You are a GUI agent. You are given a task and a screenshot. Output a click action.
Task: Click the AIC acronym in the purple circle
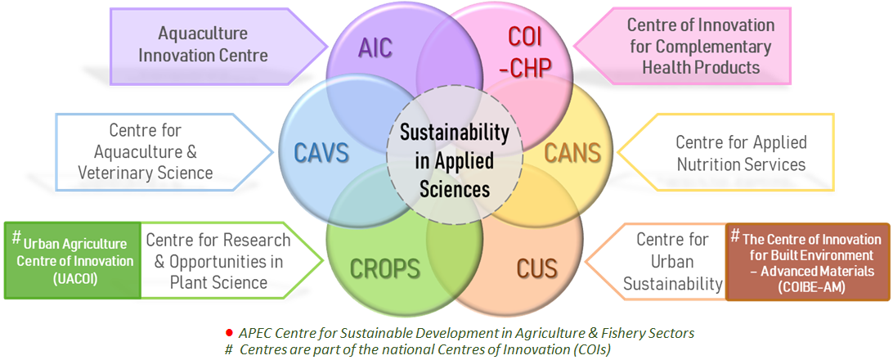point(375,48)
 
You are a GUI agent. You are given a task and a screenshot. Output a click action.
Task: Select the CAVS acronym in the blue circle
point(321,153)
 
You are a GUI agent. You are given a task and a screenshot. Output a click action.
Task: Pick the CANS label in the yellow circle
point(572,152)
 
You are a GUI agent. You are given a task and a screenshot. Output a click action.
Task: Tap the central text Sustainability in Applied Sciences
point(454,161)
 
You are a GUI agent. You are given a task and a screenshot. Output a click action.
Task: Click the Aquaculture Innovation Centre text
point(203,44)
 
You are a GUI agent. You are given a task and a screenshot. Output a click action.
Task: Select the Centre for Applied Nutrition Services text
point(741,153)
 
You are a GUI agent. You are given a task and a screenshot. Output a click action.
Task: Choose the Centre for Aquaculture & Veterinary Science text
point(146,151)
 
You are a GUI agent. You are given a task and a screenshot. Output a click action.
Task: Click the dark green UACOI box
point(72,261)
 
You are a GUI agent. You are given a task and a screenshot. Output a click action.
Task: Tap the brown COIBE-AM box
point(808,262)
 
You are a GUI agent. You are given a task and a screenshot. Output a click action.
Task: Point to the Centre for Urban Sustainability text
point(672,262)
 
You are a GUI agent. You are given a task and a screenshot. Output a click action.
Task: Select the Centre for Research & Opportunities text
point(218,261)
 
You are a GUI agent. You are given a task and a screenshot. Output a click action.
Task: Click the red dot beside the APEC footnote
point(229,332)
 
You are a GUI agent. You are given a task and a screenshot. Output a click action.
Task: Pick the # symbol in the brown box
point(735,234)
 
